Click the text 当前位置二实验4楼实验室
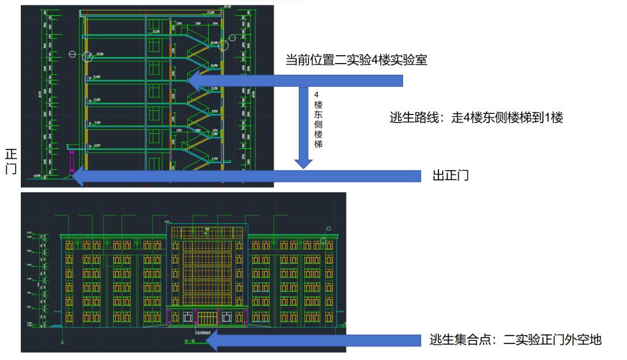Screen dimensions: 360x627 (356, 60)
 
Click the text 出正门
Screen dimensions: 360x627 (451, 176)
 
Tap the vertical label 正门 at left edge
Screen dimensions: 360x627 (10, 162)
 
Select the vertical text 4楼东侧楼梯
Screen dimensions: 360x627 (317, 119)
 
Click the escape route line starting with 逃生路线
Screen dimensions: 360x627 (476, 118)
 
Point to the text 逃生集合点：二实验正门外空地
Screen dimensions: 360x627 (516, 340)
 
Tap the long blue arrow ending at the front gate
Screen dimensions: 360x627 (245, 176)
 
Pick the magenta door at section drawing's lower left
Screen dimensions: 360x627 (72, 161)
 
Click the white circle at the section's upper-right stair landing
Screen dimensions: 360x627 (223, 43)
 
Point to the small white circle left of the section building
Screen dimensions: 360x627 (72, 55)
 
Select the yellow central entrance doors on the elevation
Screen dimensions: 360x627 (207, 318)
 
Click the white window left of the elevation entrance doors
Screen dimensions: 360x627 (187, 317)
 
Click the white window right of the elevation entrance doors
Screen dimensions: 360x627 (227, 317)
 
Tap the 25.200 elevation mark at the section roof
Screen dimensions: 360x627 (211, 12)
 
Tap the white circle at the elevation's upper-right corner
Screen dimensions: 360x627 (329, 228)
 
